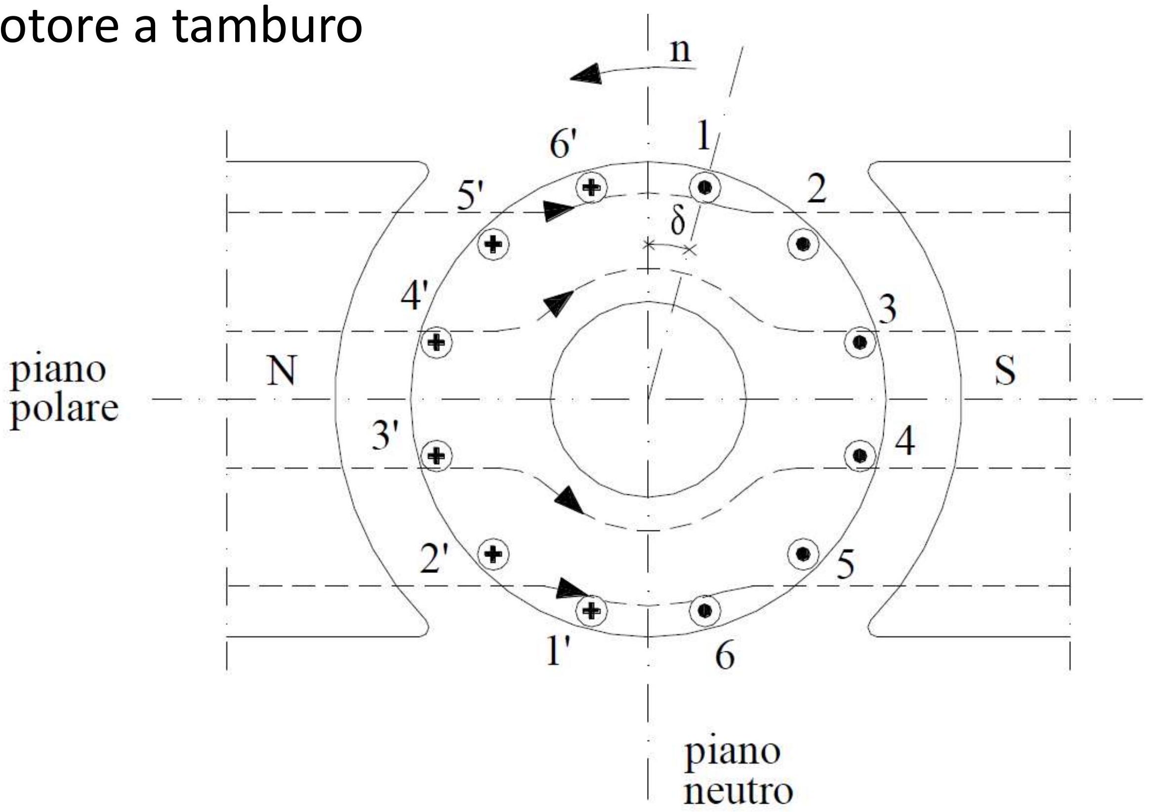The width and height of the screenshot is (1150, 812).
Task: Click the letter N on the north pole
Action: click(x=282, y=370)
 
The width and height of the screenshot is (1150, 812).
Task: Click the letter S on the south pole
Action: click(x=1004, y=370)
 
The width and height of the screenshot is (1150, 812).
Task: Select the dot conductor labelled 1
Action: click(x=705, y=188)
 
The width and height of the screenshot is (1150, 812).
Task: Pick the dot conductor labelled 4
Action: click(x=860, y=455)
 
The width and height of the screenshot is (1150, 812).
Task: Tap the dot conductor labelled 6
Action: click(x=705, y=610)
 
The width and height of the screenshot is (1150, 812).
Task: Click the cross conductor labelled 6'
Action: click(x=591, y=188)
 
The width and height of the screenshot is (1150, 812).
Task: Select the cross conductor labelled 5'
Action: click(x=494, y=244)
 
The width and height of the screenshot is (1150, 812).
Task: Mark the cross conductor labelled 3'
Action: click(x=437, y=455)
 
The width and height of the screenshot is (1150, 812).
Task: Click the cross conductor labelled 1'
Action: click(x=591, y=610)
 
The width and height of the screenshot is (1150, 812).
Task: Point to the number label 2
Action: click(x=817, y=189)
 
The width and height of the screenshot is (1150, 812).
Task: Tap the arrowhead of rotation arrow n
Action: click(x=585, y=75)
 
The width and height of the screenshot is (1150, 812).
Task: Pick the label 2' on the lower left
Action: click(x=434, y=559)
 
